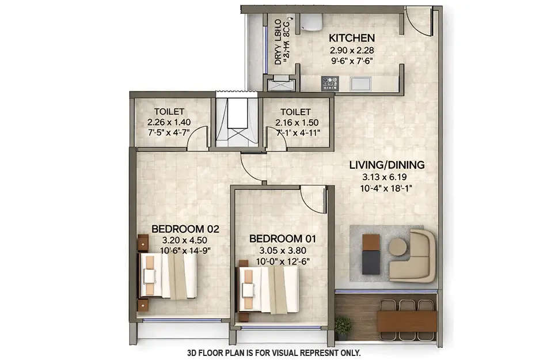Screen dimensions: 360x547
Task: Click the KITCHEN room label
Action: (x=351, y=38)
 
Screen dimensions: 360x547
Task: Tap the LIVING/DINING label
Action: (x=387, y=165)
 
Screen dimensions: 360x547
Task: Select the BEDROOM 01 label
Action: (x=283, y=238)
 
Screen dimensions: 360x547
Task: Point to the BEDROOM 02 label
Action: (x=185, y=229)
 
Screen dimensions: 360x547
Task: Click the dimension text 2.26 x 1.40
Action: (x=169, y=122)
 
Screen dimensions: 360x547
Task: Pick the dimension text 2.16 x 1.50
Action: (x=295, y=122)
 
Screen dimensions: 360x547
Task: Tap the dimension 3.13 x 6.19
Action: (x=387, y=177)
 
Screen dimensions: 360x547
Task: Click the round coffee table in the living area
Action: (x=398, y=247)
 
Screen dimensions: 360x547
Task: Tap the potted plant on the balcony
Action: (x=343, y=327)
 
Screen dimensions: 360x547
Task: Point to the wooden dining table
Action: (x=407, y=321)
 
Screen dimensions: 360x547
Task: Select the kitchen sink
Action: (x=362, y=83)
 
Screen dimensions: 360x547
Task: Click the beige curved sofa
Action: (x=417, y=256)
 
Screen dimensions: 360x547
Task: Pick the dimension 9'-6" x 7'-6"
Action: (x=351, y=60)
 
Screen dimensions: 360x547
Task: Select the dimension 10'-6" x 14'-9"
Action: (x=185, y=251)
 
